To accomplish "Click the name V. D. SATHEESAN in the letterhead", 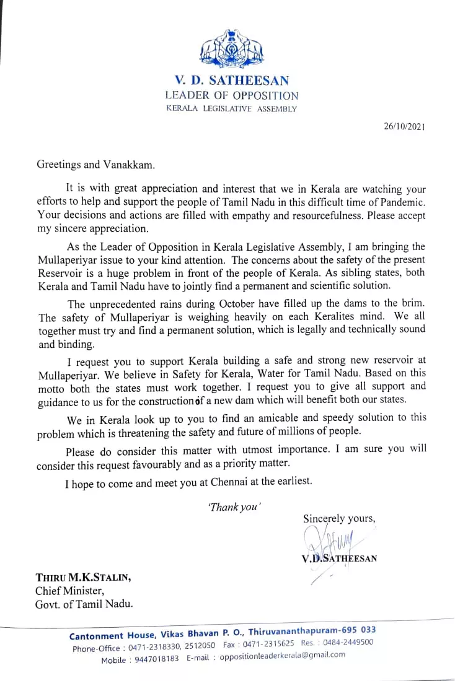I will pos(231,80).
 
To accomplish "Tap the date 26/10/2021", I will pos(405,127).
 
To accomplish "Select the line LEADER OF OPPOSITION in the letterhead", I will pos(231,95).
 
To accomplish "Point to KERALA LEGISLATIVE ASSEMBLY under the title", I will pos(231,109).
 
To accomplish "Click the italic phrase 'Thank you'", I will pos(234,506).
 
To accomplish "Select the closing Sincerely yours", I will pos(339,518).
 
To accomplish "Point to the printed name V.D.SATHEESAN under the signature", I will pos(339,558).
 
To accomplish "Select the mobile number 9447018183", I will pos(157,659).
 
